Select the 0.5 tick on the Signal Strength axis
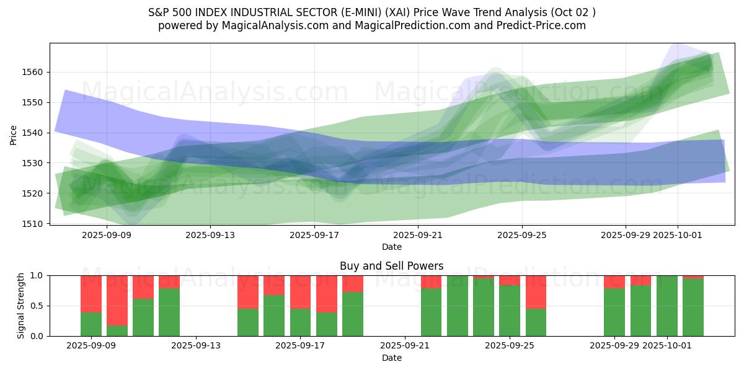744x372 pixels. coord(37,306)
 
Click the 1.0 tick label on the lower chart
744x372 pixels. coord(37,275)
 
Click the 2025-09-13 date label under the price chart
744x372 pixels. coord(210,235)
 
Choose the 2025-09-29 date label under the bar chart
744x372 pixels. coord(614,345)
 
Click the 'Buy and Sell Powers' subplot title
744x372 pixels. coord(391,266)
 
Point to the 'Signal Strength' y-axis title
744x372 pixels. coord(21,306)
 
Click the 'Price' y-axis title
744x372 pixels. coord(14,134)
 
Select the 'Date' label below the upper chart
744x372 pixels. coord(391,247)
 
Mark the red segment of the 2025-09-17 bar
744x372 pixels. coord(301,292)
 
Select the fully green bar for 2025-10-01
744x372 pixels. coord(667,306)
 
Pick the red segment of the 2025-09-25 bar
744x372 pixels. coord(510,280)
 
